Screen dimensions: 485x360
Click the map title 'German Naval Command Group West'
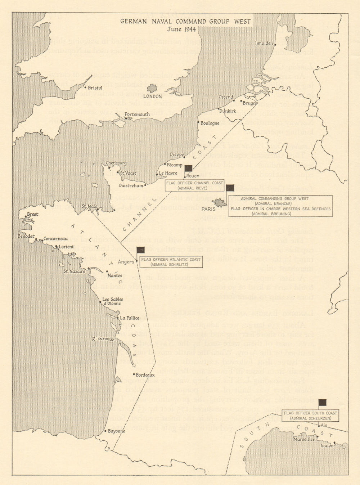[185, 21]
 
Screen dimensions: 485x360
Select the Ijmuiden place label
[264, 44]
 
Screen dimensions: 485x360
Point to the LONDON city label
[152, 96]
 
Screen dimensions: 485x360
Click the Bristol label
[95, 88]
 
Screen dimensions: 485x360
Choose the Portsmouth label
[137, 114]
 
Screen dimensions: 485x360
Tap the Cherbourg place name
[116, 163]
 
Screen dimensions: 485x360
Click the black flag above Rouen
[188, 168]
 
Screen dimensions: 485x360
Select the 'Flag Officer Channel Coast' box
[194, 185]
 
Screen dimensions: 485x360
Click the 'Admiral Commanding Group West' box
[280, 206]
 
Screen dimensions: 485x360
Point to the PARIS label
[208, 209]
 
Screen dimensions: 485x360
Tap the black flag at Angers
[140, 250]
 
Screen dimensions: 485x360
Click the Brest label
[33, 214]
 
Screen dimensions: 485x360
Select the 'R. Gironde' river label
[103, 339]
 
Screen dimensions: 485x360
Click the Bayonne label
[116, 431]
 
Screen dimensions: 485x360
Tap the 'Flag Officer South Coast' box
[311, 416]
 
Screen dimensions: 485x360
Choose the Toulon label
[327, 446]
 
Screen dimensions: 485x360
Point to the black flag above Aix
[322, 403]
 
